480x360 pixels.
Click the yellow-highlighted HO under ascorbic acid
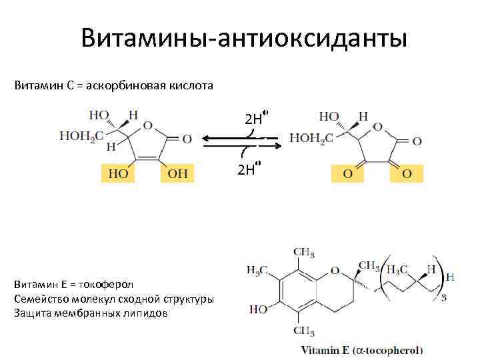tap(117, 174)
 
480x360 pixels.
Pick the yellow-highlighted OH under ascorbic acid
tap(178, 174)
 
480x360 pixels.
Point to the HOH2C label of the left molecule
tap(78, 136)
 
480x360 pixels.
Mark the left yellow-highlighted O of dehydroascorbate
tap(347, 174)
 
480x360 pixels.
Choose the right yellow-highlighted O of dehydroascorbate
tap(407, 174)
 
